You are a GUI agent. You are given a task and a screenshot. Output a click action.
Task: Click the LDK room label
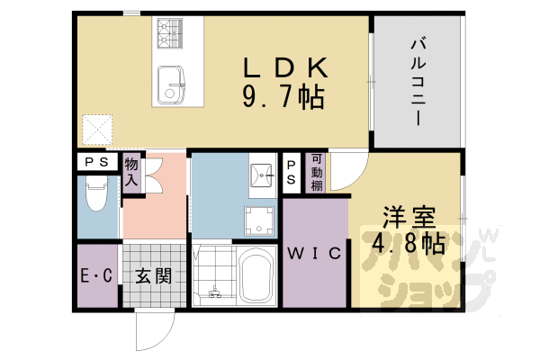[285, 67]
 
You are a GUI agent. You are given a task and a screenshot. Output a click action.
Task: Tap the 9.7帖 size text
[283, 97]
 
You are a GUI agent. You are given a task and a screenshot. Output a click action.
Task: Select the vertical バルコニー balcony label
[418, 82]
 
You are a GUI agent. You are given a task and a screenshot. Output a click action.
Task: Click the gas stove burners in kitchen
[170, 33]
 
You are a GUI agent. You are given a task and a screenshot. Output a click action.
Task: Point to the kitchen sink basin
[171, 85]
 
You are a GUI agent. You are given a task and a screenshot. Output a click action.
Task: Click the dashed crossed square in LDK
[97, 130]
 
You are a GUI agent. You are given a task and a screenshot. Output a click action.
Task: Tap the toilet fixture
[97, 193]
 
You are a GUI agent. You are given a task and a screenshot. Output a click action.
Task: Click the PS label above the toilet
[96, 162]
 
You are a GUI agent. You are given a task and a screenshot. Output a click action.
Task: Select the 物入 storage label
[131, 172]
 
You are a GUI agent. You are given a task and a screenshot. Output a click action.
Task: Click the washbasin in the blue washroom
[263, 175]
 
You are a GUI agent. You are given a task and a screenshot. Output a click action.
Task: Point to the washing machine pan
[259, 220]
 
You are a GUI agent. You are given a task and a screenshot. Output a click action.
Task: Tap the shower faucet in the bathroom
[215, 292]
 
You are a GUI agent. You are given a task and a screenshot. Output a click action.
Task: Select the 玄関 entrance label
[153, 275]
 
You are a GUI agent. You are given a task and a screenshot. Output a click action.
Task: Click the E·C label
[96, 275]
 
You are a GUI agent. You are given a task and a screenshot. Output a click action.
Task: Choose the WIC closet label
[314, 254]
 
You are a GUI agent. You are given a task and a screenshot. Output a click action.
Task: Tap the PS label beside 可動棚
[291, 172]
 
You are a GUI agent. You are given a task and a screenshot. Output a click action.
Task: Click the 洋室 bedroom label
[409, 218]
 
